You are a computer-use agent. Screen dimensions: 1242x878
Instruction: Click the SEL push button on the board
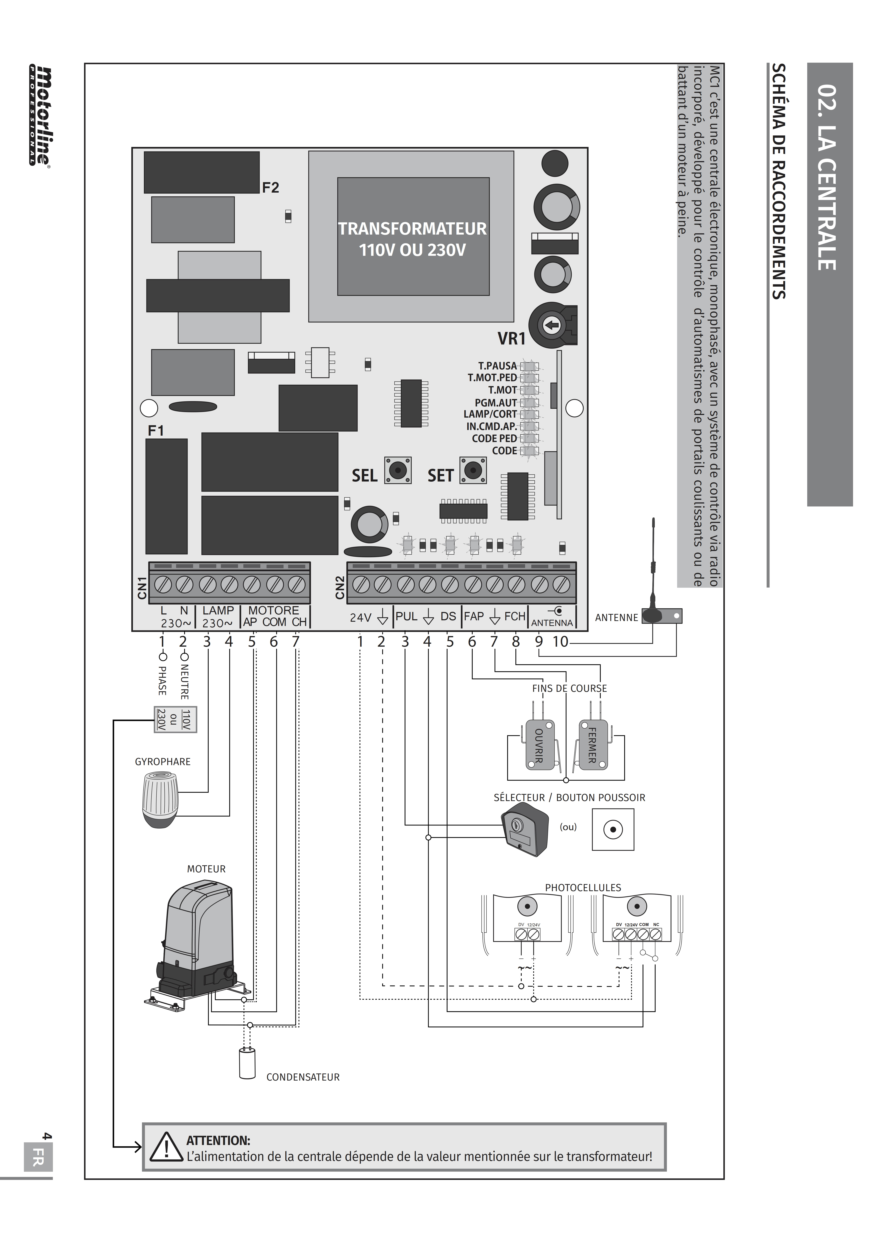(x=398, y=470)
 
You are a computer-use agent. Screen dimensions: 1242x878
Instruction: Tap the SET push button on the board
(x=473, y=470)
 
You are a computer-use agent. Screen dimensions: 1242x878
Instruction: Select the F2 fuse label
(x=270, y=188)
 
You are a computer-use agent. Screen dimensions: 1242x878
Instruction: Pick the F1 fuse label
(x=156, y=431)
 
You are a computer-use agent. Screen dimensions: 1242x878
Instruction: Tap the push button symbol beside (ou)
(x=613, y=829)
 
